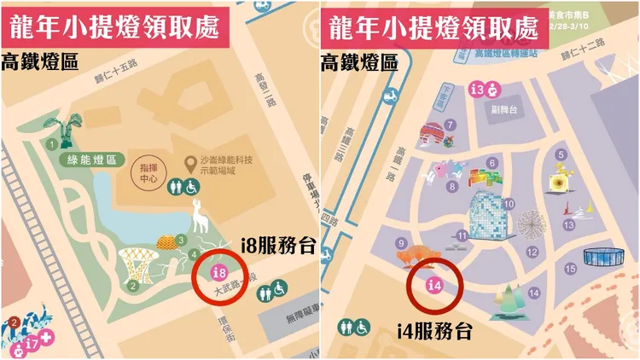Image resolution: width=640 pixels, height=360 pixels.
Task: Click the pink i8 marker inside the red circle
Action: tap(218, 273)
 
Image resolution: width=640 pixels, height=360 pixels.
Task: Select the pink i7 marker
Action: tap(32, 344)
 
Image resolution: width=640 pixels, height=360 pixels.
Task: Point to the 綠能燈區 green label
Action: tap(97, 160)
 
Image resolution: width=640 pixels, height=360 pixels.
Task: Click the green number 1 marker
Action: tap(52, 133)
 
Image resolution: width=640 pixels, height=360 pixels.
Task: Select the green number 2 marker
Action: tap(133, 286)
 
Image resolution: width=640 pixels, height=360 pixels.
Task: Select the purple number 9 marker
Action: tap(400, 243)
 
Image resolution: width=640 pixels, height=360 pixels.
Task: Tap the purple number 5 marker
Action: tap(561, 154)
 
